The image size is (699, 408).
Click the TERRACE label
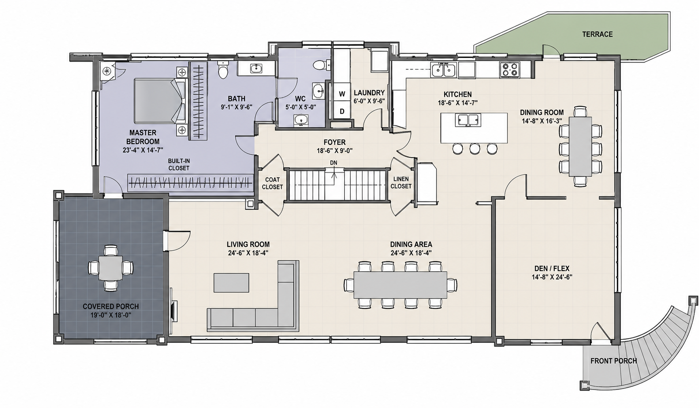597,34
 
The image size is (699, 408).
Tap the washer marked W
342,93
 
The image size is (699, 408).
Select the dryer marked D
342,111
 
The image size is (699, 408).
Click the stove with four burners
509,70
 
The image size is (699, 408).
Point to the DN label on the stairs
333,163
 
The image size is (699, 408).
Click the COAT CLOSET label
272,183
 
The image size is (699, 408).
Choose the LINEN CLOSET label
401,183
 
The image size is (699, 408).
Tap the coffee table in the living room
231,283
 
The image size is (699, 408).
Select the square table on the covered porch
110,268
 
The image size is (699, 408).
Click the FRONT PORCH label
614,361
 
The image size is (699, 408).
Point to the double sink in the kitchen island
468,120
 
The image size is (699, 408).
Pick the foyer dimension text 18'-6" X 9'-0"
335,151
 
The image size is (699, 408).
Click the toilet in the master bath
222,70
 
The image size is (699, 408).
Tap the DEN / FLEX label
552,268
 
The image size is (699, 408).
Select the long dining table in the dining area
400,285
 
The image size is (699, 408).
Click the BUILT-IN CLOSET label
179,164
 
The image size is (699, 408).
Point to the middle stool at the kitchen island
474,149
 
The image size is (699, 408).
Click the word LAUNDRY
369,93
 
